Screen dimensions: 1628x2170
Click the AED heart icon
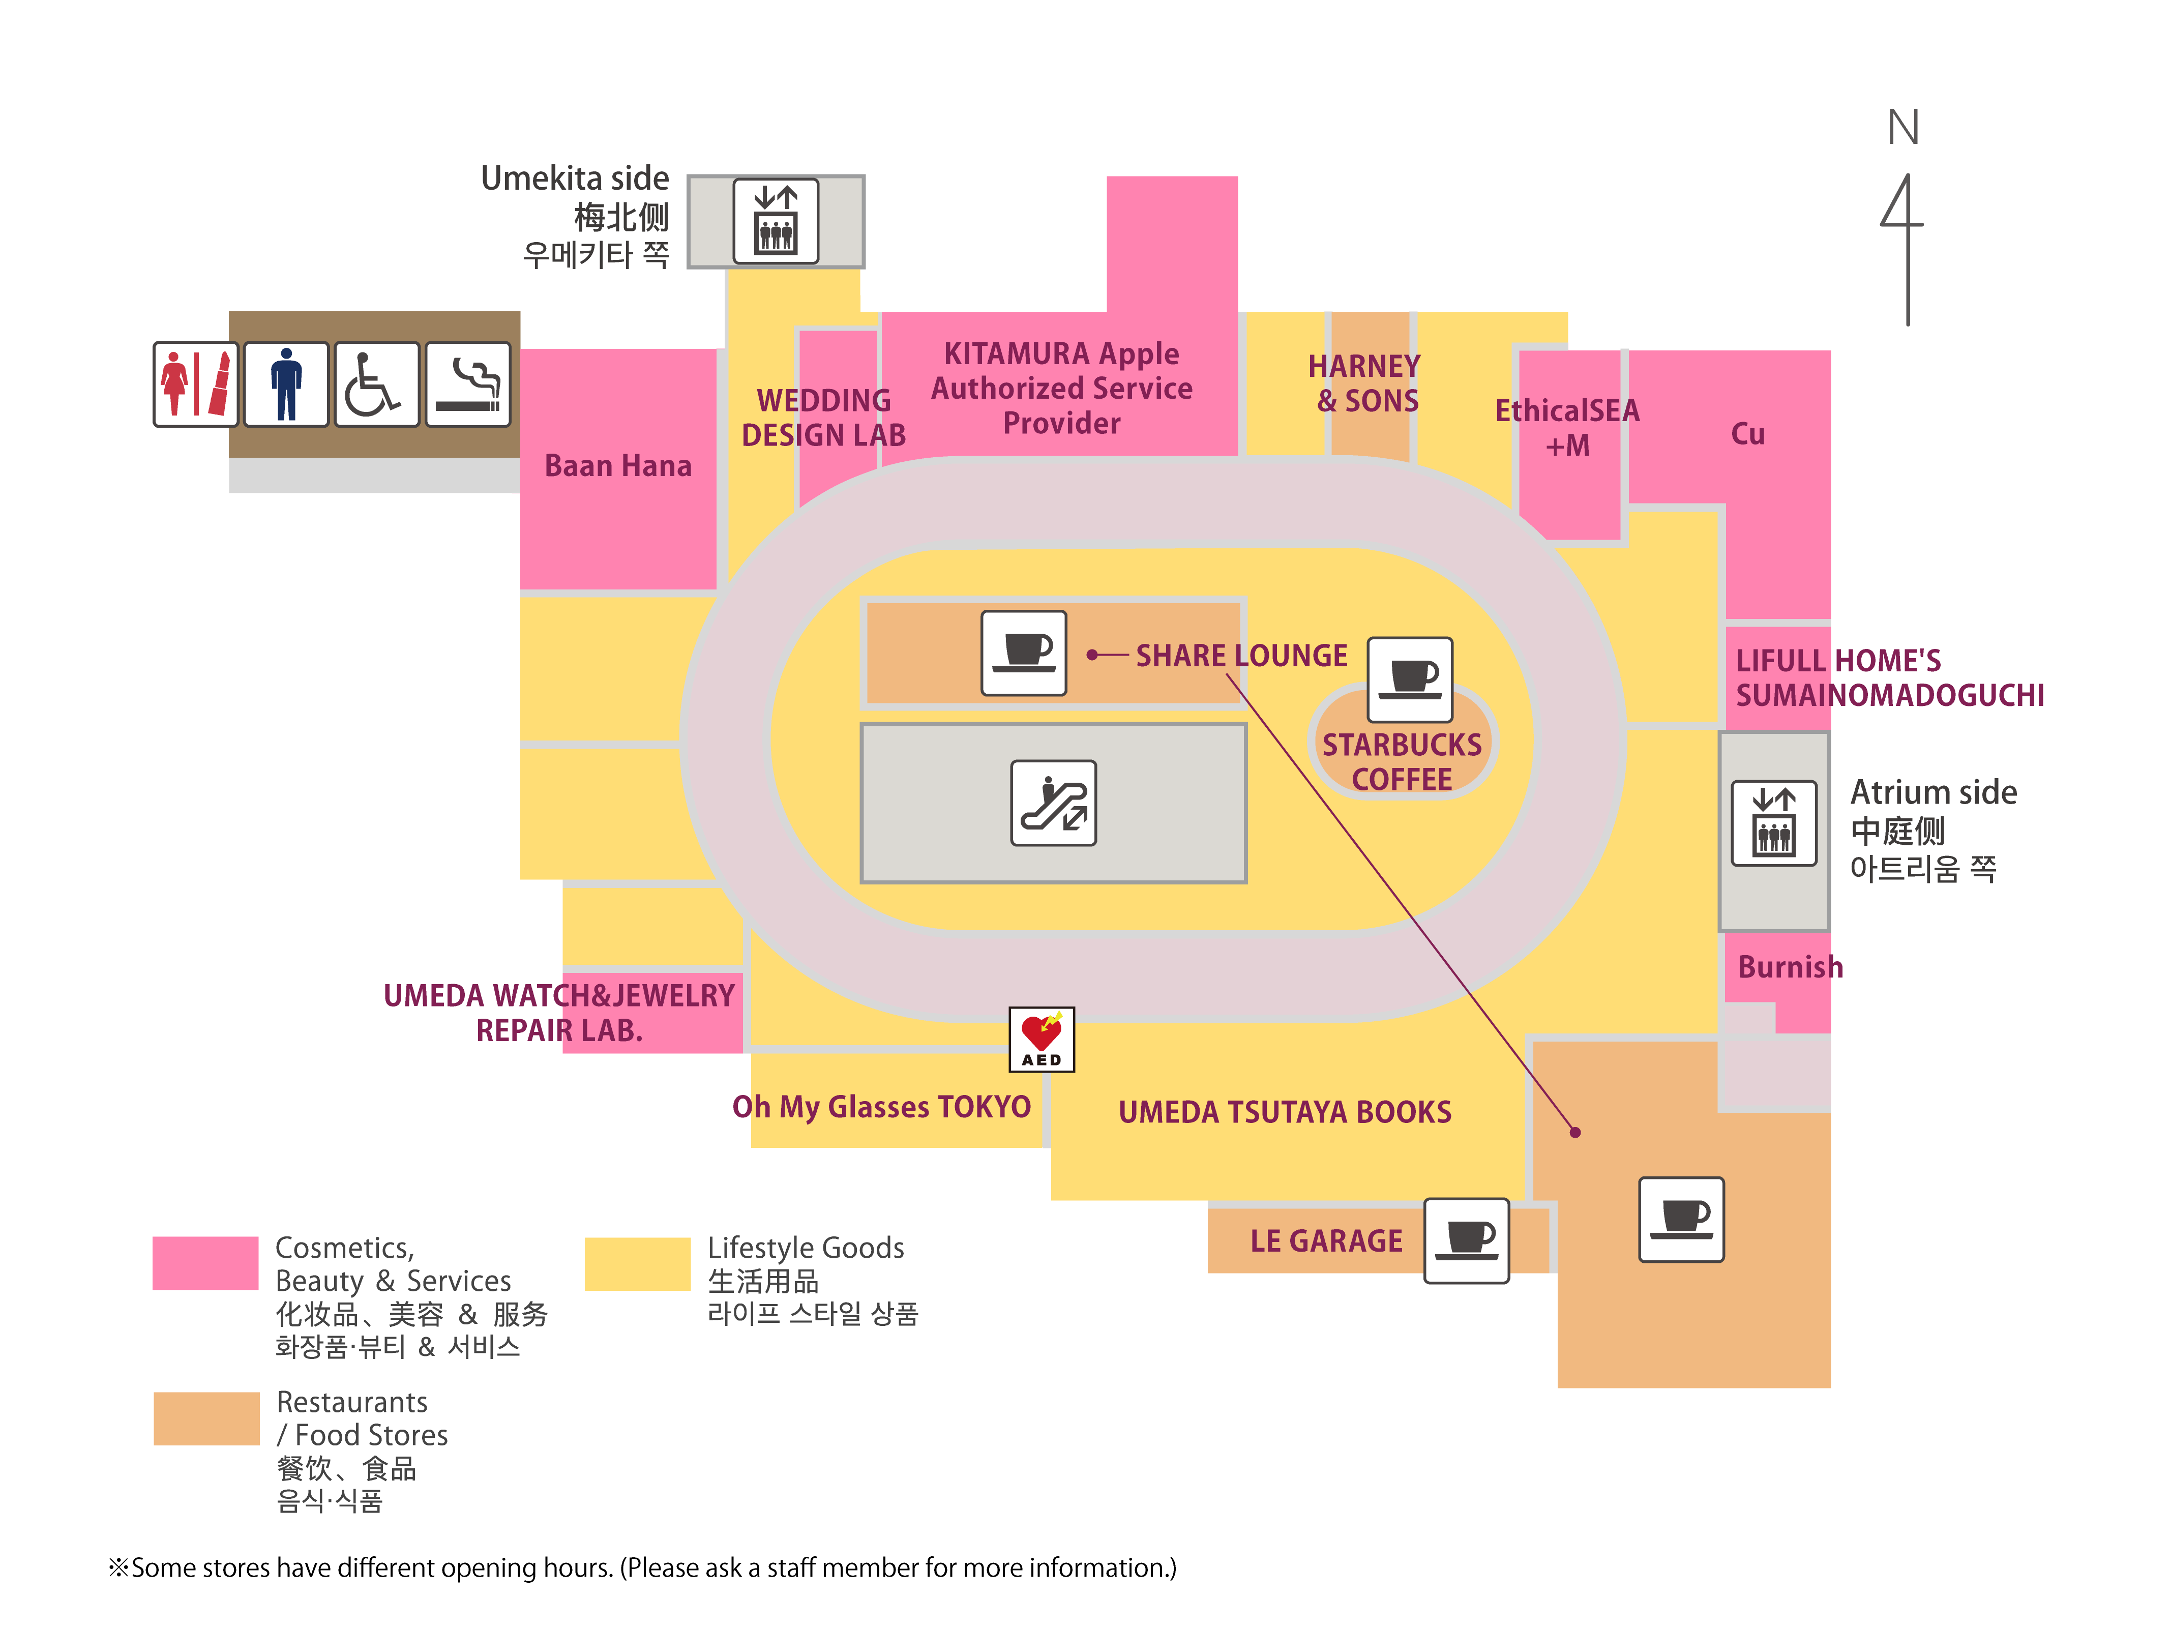click(1042, 1038)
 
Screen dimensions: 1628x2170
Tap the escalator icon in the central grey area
click(1054, 803)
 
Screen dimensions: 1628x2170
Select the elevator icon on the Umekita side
click(776, 221)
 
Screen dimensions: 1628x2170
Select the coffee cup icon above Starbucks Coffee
click(1410, 679)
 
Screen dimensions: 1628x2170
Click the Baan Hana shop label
click(618, 465)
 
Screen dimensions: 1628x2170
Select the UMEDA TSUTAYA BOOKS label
click(1285, 1112)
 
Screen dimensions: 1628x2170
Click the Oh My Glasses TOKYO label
click(882, 1107)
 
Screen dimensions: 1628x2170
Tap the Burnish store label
click(1790, 967)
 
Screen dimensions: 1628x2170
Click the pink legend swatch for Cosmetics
click(206, 1263)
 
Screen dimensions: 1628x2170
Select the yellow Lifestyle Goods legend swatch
click(638, 1263)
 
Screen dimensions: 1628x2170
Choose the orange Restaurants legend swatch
click(206, 1418)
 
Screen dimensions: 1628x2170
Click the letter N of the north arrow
click(1903, 128)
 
